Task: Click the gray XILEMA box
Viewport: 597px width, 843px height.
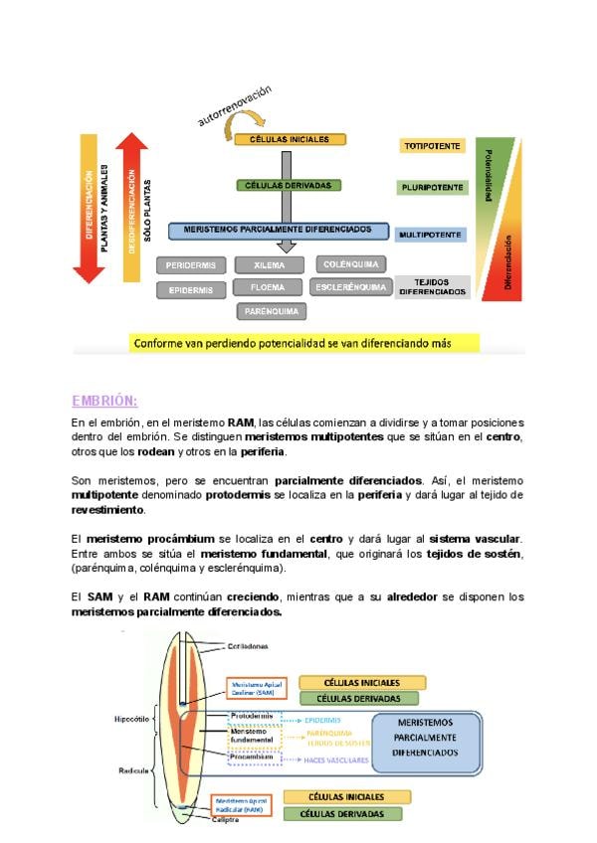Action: tap(270, 265)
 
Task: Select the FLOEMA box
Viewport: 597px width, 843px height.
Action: tap(270, 287)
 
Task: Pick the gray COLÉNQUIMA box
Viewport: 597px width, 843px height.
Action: tap(351, 264)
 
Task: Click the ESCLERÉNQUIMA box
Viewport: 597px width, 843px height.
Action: tap(349, 287)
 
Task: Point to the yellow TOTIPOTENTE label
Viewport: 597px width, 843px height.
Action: tap(433, 146)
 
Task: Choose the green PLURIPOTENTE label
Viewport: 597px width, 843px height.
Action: tap(431, 187)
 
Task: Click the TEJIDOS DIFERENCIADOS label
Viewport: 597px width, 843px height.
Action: tap(432, 287)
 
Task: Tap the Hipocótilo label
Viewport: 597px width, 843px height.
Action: tap(132, 716)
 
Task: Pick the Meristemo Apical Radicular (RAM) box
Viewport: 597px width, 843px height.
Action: tap(243, 804)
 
